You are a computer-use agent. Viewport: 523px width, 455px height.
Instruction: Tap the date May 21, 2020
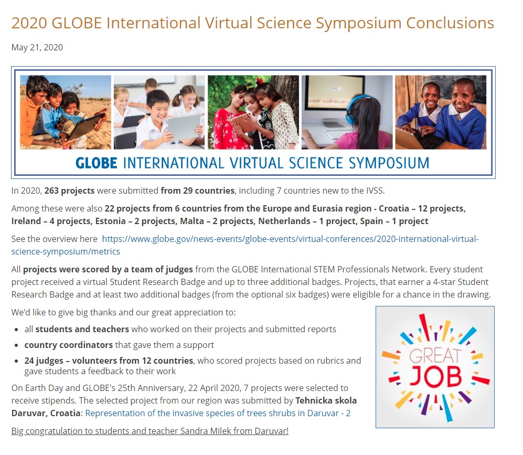37,47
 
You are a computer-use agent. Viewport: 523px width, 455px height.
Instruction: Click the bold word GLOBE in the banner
97,163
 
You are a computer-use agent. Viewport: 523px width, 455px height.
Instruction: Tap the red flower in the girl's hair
260,81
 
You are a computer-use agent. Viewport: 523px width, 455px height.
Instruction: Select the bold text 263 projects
69,191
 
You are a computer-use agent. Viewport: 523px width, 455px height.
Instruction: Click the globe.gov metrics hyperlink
245,245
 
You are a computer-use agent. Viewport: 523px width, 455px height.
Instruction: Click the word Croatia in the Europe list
394,208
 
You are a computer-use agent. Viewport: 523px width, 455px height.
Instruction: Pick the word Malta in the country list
192,221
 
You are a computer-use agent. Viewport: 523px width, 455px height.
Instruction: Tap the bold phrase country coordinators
68,345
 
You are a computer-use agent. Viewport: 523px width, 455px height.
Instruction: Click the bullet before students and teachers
16,330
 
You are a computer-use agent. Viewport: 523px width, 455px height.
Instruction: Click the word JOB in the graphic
435,377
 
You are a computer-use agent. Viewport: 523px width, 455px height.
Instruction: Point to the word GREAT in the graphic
435,356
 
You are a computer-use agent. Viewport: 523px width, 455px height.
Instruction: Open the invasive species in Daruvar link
218,413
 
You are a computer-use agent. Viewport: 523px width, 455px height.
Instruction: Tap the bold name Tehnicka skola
326,400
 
